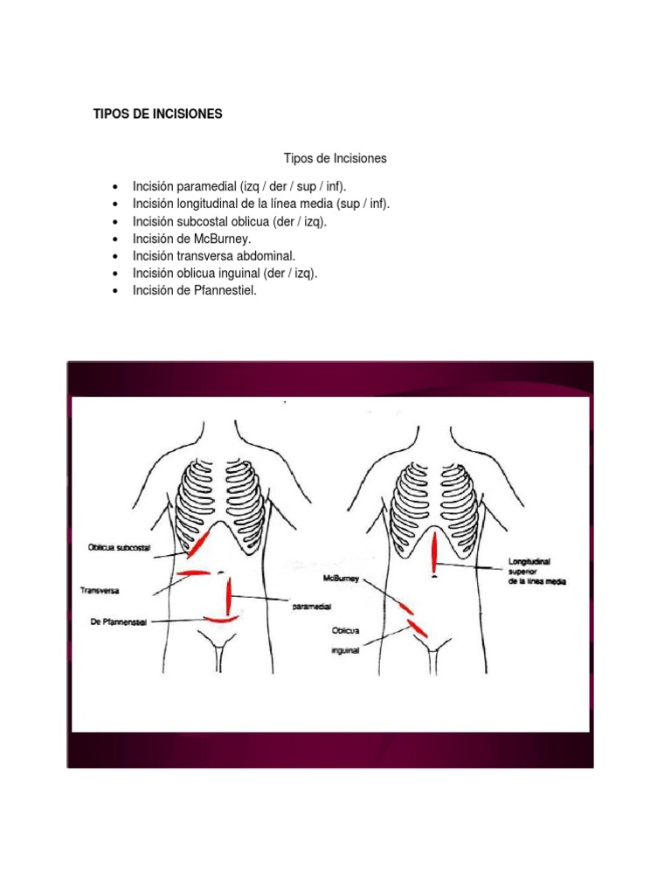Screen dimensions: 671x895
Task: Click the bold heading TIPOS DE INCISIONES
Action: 158,114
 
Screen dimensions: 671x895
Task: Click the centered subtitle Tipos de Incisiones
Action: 335,159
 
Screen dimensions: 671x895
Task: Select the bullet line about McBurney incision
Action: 191,239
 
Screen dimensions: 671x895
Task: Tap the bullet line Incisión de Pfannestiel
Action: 195,291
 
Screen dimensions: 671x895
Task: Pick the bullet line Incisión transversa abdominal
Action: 214,256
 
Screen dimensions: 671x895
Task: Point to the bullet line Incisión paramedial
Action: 233,186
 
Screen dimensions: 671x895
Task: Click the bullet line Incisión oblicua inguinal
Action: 225,274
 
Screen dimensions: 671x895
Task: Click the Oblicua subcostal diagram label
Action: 120,548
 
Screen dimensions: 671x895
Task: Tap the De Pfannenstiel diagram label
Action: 117,621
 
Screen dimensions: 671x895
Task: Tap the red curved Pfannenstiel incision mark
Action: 221,619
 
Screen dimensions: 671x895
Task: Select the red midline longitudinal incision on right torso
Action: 434,552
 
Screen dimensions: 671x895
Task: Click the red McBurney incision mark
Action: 405,606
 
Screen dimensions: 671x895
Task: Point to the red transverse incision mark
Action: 193,573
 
